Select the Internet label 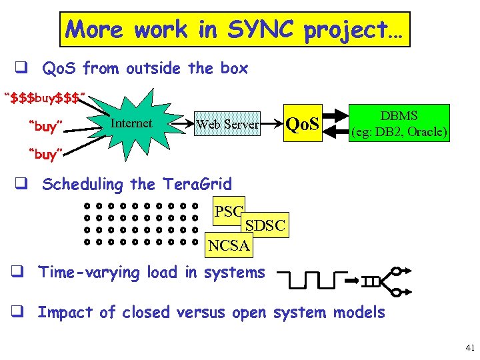click(131, 123)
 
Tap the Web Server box click(227, 124)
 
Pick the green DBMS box click(399, 123)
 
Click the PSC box click(229, 213)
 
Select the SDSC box click(265, 226)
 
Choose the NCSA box click(229, 245)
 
